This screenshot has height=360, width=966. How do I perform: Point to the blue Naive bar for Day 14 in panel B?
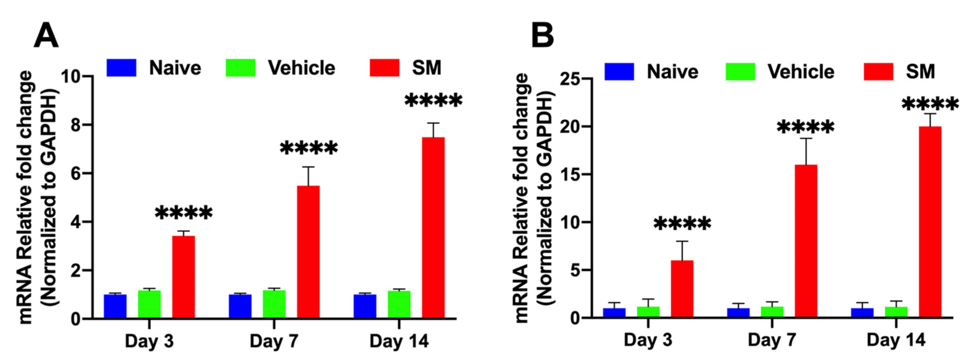point(862,313)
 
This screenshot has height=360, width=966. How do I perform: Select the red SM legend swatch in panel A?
point(384,68)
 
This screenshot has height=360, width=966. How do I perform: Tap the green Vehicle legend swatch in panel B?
point(740,72)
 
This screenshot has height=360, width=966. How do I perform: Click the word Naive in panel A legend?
point(175,68)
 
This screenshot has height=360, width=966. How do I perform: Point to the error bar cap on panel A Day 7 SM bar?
point(308,167)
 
